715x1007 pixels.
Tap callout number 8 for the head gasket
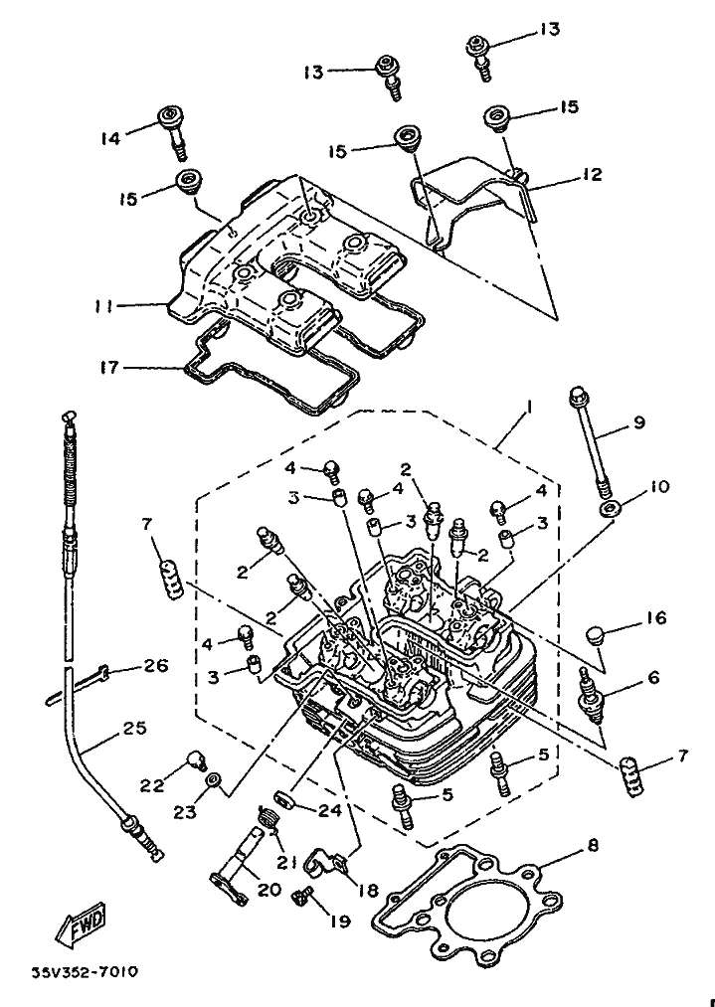coord(593,846)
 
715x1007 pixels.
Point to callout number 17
coord(109,368)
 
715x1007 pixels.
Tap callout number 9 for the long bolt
coord(638,422)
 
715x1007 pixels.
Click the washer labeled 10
coord(607,510)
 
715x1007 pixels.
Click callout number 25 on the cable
coord(134,729)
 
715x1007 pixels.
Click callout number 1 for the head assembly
coord(531,408)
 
